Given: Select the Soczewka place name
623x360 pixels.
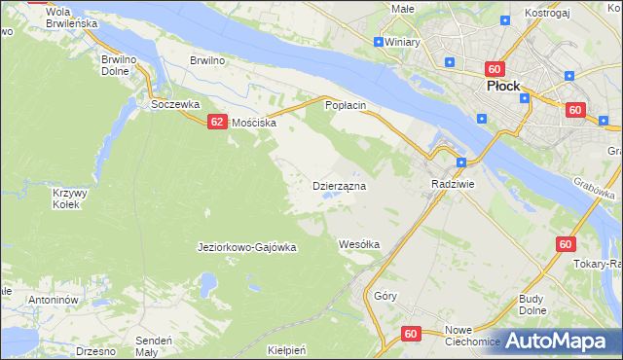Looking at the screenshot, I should [x=174, y=104].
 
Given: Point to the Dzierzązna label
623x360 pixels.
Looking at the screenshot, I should [x=338, y=185].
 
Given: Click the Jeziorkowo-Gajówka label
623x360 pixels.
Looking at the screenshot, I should [x=246, y=247].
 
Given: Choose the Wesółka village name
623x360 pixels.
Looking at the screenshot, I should [x=358, y=243].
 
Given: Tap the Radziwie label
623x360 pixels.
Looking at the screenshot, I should [x=452, y=183].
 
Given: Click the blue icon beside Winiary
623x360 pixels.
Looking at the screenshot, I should [x=379, y=42].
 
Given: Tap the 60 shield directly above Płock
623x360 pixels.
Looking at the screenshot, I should [x=495, y=69].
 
